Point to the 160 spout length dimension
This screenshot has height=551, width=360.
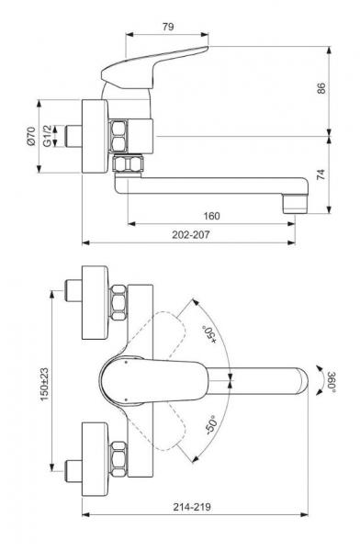point(211,216)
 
